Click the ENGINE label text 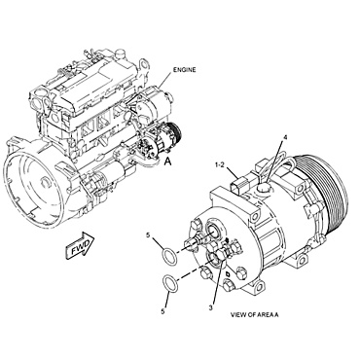(x=188, y=71)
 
